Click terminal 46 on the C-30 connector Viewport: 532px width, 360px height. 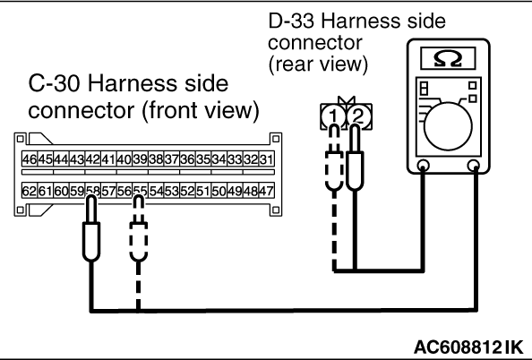pyautogui.click(x=30, y=159)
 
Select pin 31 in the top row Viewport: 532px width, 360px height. pyautogui.click(x=266, y=159)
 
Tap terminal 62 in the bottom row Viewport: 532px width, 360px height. pyautogui.click(x=30, y=191)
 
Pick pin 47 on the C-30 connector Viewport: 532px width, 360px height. pyautogui.click(x=266, y=191)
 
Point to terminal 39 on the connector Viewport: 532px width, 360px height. pyautogui.click(x=140, y=159)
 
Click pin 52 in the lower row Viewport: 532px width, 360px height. pyautogui.click(x=187, y=191)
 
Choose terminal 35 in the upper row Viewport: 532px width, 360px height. pyautogui.click(x=203, y=159)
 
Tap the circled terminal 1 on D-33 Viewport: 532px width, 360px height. pyautogui.click(x=333, y=116)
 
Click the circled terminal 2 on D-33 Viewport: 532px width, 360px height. pyautogui.click(x=358, y=116)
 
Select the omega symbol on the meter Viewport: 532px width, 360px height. pyautogui.click(x=448, y=59)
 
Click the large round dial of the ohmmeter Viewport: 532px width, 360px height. pyautogui.click(x=448, y=125)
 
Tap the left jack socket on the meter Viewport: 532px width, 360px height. pyautogui.click(x=423, y=166)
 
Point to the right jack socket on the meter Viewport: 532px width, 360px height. pyautogui.click(x=473, y=166)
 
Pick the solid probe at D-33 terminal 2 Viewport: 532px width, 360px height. pyautogui.click(x=355, y=158)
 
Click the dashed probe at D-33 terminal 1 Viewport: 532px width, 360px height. pyautogui.click(x=334, y=158)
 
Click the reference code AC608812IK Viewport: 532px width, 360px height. pyautogui.click(x=469, y=347)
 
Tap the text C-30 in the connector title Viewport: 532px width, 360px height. pyautogui.click(x=55, y=83)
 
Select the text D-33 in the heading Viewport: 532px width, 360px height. pyautogui.click(x=291, y=21)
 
